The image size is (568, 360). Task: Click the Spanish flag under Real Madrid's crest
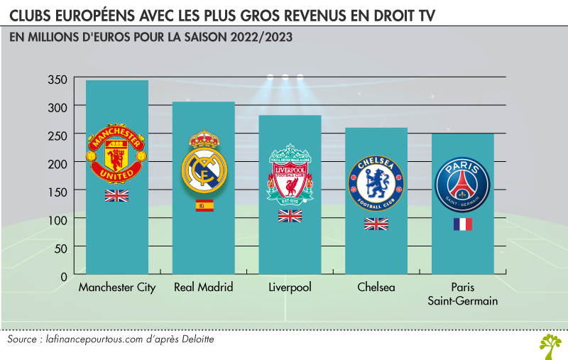click(x=204, y=206)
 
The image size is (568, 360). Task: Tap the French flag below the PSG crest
click(x=462, y=224)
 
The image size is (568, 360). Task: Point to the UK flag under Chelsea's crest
click(x=376, y=224)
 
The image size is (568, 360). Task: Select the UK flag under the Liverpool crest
click(x=290, y=216)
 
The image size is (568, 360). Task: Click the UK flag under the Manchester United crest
click(x=116, y=195)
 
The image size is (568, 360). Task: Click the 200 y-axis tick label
click(x=58, y=163)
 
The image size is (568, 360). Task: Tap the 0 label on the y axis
click(x=64, y=276)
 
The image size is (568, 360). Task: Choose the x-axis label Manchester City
click(x=117, y=288)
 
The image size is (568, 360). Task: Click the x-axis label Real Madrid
click(x=204, y=288)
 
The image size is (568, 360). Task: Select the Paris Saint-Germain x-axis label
click(x=462, y=294)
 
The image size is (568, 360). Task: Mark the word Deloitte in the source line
click(x=192, y=340)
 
